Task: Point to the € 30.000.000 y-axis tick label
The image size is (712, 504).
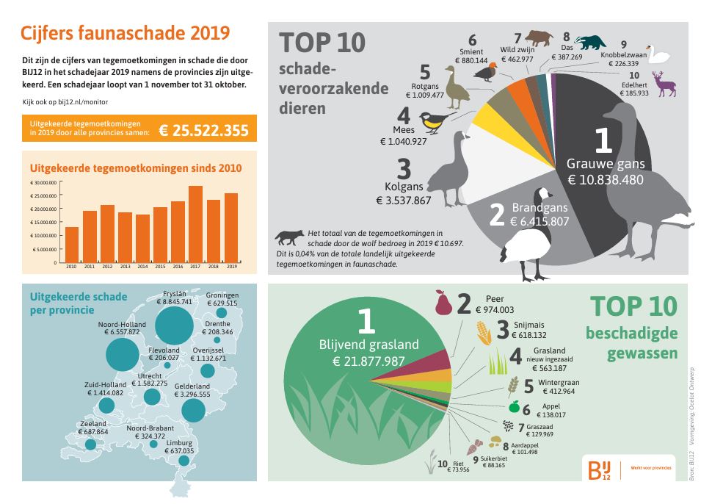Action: coord(44,182)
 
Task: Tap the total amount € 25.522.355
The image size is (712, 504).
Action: coord(203,130)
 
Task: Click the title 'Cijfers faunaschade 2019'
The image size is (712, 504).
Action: coord(125,33)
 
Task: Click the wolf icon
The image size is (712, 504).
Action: coord(289,237)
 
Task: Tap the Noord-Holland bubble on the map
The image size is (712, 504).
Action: coord(127,355)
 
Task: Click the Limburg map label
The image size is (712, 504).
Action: coord(180,443)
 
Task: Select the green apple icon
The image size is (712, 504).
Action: coord(514,407)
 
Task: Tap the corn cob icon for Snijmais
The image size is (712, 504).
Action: coord(484,334)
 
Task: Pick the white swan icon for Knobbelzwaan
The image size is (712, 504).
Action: coord(659,57)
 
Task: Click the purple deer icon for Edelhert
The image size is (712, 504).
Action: coord(665,84)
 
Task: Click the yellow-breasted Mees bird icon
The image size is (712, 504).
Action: coord(436,122)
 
